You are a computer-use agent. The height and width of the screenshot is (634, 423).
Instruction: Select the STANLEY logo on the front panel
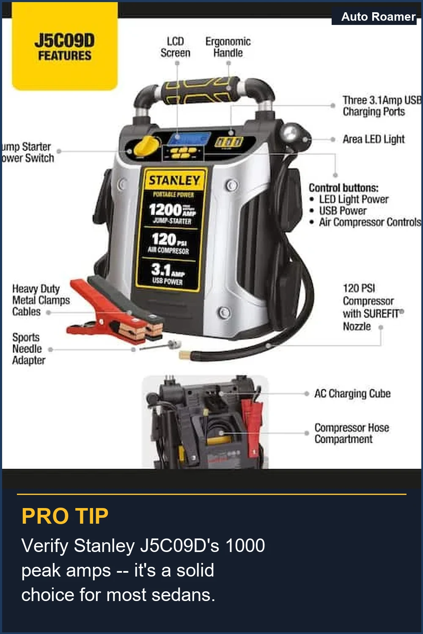tap(174, 180)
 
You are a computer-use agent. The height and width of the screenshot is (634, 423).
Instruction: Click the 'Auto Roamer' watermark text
tap(378, 16)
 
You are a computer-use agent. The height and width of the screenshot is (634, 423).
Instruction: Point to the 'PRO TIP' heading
tap(65, 516)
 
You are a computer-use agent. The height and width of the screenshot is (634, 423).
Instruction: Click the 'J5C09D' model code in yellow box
tap(65, 41)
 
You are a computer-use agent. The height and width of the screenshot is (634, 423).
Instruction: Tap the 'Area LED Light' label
tap(374, 139)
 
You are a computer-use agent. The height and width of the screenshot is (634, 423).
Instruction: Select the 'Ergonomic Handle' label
tap(228, 47)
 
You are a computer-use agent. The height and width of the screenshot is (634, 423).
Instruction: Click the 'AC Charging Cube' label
tap(352, 394)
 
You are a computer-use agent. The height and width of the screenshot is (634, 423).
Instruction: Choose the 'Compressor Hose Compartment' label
tap(351, 433)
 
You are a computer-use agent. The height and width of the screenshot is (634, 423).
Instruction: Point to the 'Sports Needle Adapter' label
tap(28, 349)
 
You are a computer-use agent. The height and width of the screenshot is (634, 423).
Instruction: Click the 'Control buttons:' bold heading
tap(343, 188)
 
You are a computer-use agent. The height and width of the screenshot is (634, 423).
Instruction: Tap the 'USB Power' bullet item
tap(343, 210)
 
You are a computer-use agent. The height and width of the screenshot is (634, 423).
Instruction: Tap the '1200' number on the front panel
tap(165, 210)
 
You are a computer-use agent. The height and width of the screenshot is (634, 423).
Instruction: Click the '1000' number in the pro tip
tap(245, 546)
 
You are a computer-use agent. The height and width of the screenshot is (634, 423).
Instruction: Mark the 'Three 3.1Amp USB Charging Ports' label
tap(381, 106)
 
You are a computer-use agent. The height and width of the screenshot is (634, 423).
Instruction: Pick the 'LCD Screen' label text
tap(175, 47)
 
